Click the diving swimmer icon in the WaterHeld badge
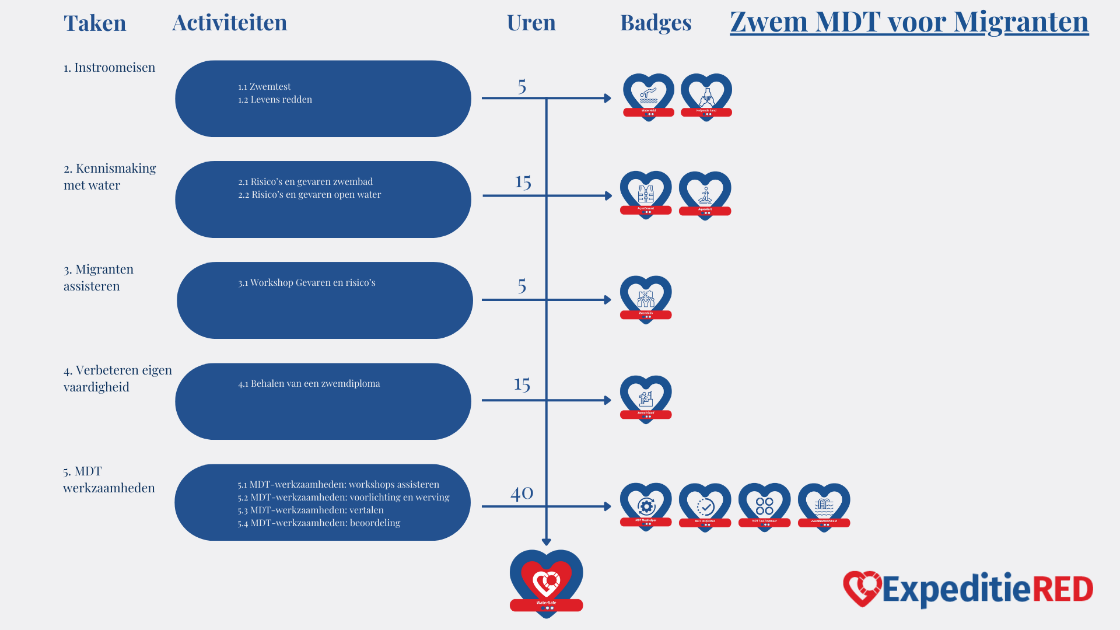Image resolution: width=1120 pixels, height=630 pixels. point(648,93)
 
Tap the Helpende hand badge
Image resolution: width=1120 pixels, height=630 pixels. point(706,96)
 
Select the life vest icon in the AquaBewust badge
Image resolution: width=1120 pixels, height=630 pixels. point(646,193)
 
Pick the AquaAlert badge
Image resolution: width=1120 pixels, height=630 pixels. point(705,195)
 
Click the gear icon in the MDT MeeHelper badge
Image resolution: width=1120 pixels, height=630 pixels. point(646,506)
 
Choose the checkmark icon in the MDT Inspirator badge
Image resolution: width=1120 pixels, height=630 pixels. point(705,506)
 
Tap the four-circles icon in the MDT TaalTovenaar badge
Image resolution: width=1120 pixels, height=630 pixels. point(764,506)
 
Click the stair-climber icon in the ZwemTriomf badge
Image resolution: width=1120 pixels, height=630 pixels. point(646,398)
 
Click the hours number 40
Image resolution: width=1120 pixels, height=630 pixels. point(521,493)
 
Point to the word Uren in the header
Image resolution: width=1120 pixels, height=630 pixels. point(531,23)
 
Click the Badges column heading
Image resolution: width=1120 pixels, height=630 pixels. point(656,23)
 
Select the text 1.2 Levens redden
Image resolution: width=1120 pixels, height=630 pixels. point(275,100)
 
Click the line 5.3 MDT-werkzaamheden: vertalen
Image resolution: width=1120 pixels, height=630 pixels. point(310,510)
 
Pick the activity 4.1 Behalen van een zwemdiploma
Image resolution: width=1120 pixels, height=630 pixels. point(309,384)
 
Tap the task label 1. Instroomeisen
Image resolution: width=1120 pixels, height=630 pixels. point(109,68)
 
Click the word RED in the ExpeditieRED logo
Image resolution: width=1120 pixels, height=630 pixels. point(1063,589)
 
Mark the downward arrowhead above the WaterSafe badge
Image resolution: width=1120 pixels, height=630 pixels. point(546,542)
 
